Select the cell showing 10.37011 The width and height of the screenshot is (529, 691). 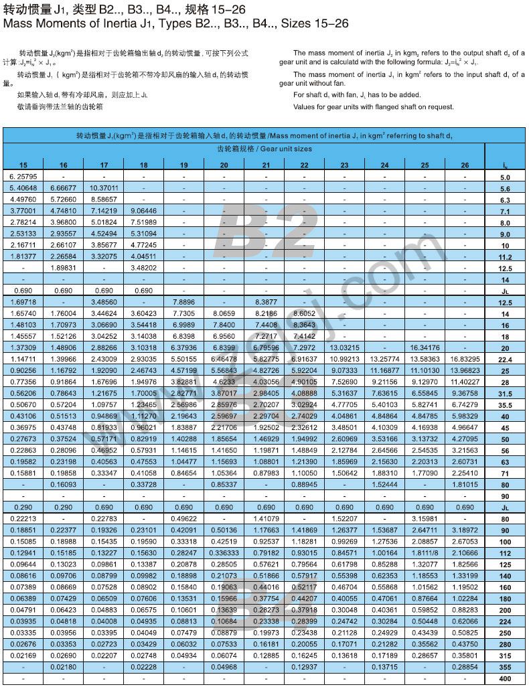point(104,188)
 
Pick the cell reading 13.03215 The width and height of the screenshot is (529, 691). point(344,348)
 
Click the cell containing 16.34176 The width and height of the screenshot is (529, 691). point(425,348)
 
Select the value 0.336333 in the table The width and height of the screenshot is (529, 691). point(224,553)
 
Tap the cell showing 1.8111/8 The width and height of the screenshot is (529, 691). point(425,553)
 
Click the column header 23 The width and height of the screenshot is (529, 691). point(344,165)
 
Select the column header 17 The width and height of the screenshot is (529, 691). point(104,165)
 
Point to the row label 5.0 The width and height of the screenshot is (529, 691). point(505,177)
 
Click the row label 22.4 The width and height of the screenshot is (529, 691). point(505,360)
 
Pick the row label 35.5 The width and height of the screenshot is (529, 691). point(505,405)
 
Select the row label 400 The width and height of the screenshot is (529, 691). point(505,679)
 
